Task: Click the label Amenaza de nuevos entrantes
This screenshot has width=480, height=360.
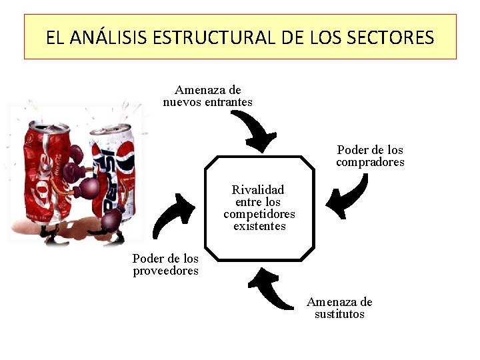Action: pos(207,96)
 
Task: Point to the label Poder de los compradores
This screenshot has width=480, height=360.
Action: pos(370,156)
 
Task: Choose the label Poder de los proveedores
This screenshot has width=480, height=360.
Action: pos(165,265)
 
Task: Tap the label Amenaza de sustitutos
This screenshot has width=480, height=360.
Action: pos(339,308)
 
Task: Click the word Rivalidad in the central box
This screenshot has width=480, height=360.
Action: pos(258,190)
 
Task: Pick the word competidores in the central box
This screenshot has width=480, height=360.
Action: pos(259,214)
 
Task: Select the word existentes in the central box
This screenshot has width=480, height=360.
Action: pos(259,226)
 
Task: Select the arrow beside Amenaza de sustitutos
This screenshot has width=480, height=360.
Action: pos(269,289)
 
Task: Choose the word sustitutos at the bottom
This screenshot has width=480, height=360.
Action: pos(339,314)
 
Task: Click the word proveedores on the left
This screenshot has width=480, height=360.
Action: pos(165,271)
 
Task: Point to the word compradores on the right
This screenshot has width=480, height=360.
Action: pos(370,162)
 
